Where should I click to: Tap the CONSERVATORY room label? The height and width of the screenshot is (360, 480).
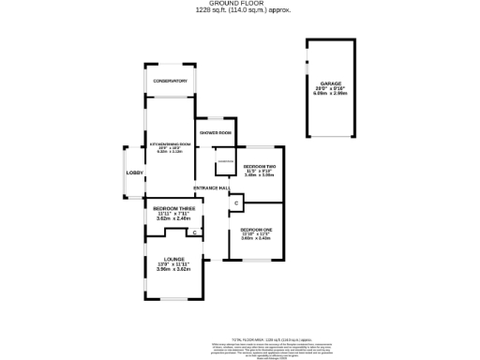coord(172,82)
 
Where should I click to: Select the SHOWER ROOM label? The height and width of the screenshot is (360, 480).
coord(216,132)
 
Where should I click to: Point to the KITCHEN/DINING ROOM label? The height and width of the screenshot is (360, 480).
coord(171,143)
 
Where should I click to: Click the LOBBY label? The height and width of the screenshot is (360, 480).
coord(134,172)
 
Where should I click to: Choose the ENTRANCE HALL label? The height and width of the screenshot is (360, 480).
coord(213,188)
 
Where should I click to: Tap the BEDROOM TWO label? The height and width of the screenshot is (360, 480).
coord(258,166)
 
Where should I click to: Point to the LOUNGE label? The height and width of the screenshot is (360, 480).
coord(173,259)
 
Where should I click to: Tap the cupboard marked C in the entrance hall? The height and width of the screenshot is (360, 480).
coord(236,203)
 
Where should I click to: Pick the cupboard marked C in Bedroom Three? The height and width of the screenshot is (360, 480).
coord(194,232)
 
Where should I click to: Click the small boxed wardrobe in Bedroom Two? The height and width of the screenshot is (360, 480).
coord(225,162)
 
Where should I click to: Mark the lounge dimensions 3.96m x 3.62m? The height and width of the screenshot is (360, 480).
coord(173,270)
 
